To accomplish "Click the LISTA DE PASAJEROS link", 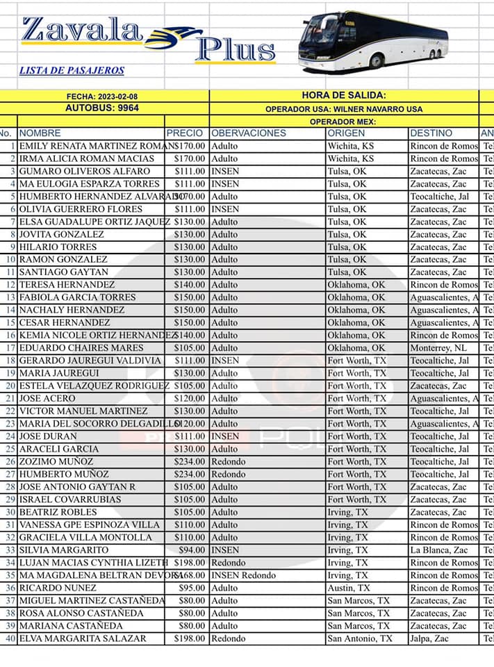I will point(72,70).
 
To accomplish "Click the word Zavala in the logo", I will point(82,31).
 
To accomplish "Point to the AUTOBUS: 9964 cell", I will point(102,108).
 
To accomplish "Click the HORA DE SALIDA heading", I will point(344,95).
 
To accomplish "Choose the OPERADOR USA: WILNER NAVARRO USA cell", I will point(344,109).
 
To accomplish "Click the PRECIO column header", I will point(185,133).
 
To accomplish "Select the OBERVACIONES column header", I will point(249,133).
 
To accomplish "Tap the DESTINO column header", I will point(431,133).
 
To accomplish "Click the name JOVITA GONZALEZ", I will point(62,234).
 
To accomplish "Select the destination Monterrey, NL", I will point(438,348).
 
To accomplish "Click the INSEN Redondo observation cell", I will point(244,575).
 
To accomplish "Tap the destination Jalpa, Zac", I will point(431,639).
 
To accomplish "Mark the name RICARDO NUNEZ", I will point(58,588).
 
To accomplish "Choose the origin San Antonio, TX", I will point(360,639).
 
